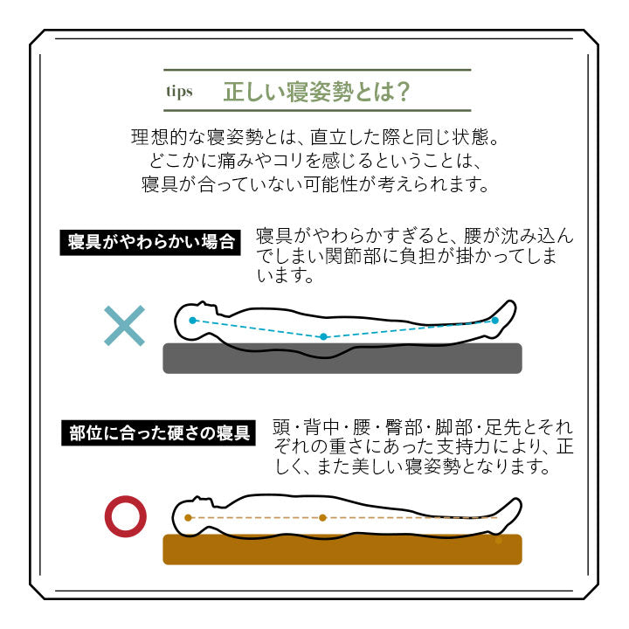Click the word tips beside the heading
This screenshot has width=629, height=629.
179,92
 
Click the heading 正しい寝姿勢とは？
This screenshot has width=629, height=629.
317,91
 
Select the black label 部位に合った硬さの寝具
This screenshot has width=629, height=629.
159,433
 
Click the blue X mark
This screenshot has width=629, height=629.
124,326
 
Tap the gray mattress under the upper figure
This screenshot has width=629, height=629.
342,358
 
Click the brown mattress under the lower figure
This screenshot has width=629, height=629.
342,550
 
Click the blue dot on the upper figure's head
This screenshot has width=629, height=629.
193,321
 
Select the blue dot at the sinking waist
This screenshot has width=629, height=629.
323,336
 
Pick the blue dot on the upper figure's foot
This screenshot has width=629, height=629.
494,321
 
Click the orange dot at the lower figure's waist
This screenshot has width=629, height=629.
322,517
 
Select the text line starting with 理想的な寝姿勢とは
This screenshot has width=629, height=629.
314,138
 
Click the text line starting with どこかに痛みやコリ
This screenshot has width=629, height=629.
314,162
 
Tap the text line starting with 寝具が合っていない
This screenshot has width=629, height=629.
314,185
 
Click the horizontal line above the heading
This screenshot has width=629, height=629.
317,70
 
